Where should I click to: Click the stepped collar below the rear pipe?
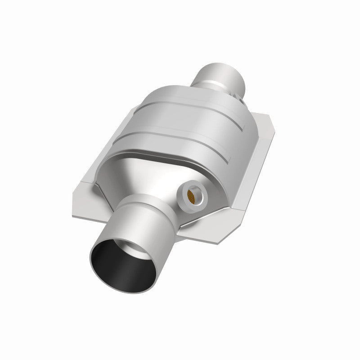(227, 97)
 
